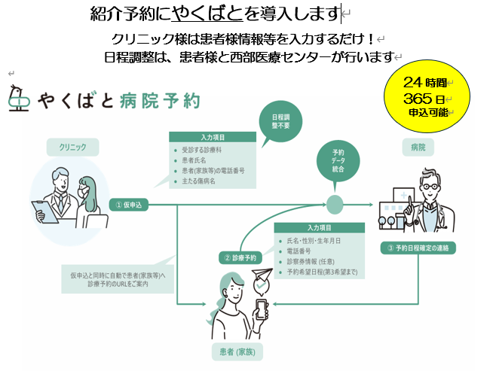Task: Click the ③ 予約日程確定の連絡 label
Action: pyautogui.click(x=419, y=248)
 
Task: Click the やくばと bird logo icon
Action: pyautogui.click(x=18, y=99)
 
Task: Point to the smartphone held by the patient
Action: pyautogui.click(x=260, y=308)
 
